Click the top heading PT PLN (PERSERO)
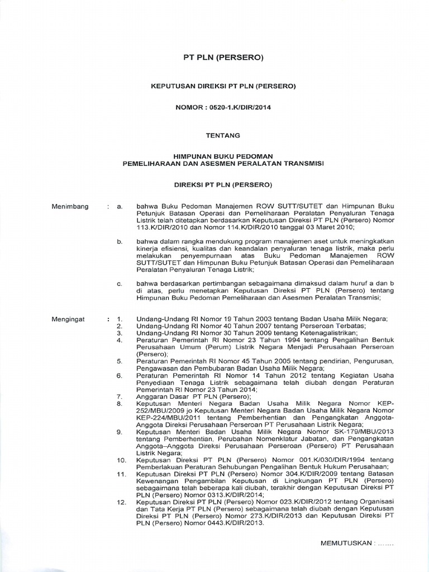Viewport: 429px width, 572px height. (x=223, y=58)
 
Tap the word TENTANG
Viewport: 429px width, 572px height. (x=223, y=135)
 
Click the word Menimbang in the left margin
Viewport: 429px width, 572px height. (x=70, y=207)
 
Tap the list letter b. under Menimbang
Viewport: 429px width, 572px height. (x=120, y=241)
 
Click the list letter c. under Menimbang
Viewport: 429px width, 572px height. (x=120, y=284)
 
